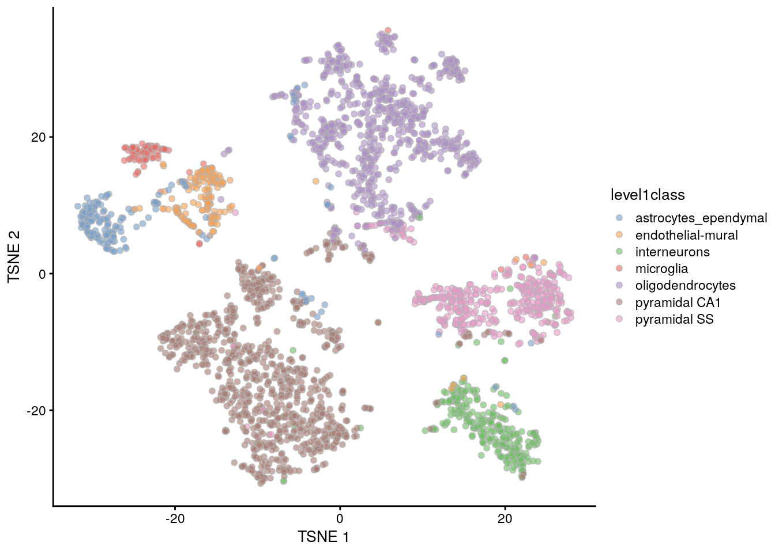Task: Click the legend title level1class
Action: (648, 195)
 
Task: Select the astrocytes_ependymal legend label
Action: (701, 218)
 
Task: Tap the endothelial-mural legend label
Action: (686, 235)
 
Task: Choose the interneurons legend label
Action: (672, 252)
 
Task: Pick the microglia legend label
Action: (661, 268)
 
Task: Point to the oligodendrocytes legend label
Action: (685, 285)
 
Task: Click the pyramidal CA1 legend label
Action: (678, 302)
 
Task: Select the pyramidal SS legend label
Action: (674, 319)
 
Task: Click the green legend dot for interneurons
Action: (619, 252)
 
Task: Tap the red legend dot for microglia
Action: (619, 268)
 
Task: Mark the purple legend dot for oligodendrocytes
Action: (619, 285)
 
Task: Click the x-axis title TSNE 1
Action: (323, 537)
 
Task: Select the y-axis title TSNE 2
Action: (14, 256)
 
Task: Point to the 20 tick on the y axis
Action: (38, 137)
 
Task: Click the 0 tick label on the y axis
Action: (42, 274)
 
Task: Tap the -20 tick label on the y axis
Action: (36, 411)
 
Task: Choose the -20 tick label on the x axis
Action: (175, 518)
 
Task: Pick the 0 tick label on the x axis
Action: (340, 518)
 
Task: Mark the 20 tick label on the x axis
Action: (505, 518)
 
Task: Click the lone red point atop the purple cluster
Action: (388, 31)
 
